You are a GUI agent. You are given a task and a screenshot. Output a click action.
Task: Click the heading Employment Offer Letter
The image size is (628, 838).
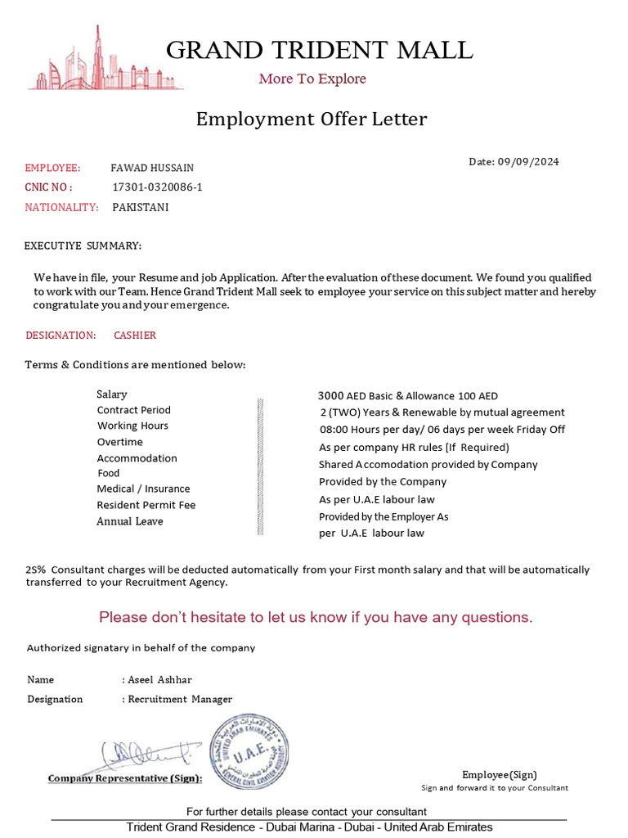tap(311, 119)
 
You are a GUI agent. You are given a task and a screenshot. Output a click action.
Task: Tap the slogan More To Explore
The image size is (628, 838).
tap(312, 79)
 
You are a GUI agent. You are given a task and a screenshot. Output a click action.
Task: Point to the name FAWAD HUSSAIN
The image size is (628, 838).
tap(152, 169)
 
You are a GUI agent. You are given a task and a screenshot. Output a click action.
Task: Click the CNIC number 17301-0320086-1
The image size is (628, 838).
tap(157, 187)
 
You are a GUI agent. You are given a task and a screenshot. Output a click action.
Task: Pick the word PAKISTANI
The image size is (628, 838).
tap(141, 207)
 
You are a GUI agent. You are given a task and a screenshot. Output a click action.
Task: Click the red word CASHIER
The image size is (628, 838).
tap(135, 336)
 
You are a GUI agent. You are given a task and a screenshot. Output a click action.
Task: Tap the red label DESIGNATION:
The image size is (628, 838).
tap(61, 336)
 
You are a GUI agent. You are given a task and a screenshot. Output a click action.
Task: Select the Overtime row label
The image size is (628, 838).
tap(119, 442)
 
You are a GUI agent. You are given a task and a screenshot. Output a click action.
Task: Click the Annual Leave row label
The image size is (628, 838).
tap(130, 521)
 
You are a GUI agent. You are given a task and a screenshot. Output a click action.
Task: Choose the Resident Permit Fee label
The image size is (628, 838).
tap(146, 505)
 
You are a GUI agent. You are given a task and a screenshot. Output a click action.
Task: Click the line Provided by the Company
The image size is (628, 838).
tap(383, 482)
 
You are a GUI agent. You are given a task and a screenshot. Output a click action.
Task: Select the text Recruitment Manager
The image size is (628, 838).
tap(180, 699)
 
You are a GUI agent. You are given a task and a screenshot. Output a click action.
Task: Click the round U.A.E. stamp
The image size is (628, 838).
tap(250, 750)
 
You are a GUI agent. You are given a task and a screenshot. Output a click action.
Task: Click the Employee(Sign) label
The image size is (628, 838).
tap(500, 774)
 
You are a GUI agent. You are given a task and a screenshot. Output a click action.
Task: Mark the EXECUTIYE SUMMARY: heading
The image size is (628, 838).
tap(83, 246)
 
